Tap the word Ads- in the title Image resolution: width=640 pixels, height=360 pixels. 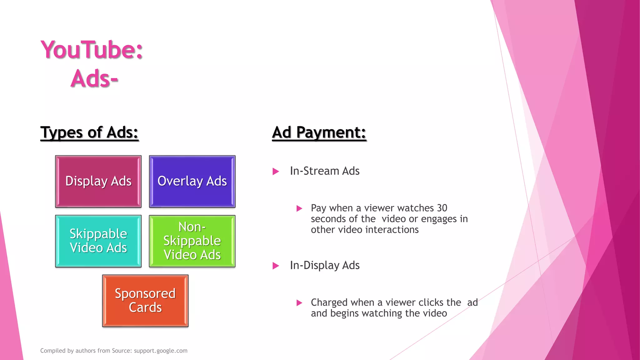pyautogui.click(x=94, y=78)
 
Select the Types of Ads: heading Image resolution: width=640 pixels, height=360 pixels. pyautogui.click(x=89, y=132)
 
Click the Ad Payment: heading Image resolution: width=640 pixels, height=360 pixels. pyautogui.click(x=319, y=132)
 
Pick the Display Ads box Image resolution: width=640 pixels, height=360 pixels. pyautogui.click(x=98, y=181)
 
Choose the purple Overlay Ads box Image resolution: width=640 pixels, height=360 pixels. pyautogui.click(x=192, y=181)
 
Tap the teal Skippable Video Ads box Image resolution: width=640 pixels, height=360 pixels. pyautogui.click(x=98, y=241)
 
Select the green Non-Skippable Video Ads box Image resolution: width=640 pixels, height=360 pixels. pyautogui.click(x=192, y=241)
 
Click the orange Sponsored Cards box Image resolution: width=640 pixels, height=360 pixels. pyautogui.click(x=145, y=301)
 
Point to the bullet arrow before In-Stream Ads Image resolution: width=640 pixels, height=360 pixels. pyautogui.click(x=276, y=171)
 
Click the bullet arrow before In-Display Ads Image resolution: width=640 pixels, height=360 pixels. pyautogui.click(x=276, y=266)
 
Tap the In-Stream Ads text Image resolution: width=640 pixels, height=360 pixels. pyautogui.click(x=325, y=171)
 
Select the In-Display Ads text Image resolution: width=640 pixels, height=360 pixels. pyautogui.click(x=325, y=265)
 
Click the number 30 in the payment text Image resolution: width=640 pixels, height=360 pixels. pyautogui.click(x=442, y=208)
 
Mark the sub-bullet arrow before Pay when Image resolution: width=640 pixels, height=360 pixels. pyautogui.click(x=299, y=208)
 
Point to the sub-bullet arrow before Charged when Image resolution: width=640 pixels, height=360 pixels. pyautogui.click(x=299, y=303)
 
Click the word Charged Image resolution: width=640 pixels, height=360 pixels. pyautogui.click(x=329, y=302)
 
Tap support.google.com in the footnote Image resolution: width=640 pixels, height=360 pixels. pyautogui.click(x=161, y=351)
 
